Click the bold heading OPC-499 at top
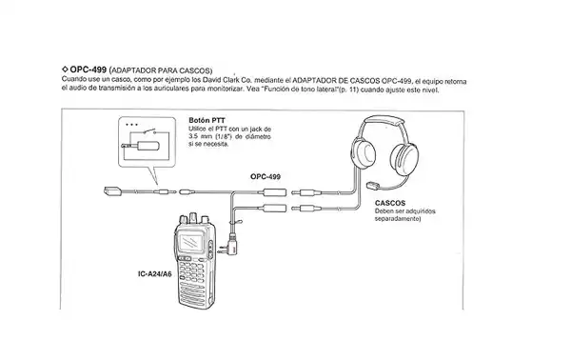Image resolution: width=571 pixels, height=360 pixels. click(x=89, y=70)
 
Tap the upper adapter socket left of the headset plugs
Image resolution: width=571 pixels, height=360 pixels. click(x=276, y=191)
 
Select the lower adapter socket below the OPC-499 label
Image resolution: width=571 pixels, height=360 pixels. click(x=274, y=208)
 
